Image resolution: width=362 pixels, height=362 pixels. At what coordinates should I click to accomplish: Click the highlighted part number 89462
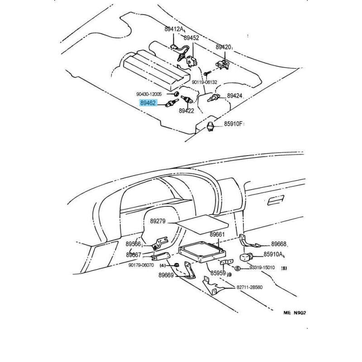(148, 103)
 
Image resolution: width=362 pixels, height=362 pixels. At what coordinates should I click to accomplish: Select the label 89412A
(174, 29)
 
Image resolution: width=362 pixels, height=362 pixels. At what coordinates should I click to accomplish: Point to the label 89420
(224, 47)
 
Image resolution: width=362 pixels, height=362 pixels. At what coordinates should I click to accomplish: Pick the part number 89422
(186, 110)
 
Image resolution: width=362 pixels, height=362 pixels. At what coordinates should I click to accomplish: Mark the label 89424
(235, 96)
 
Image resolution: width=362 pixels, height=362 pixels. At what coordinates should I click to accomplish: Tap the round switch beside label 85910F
(210, 126)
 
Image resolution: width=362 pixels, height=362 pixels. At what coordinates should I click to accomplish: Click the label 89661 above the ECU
(217, 235)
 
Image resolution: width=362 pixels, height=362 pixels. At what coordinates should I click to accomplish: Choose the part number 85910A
(274, 254)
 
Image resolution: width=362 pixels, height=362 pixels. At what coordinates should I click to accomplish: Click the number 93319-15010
(262, 268)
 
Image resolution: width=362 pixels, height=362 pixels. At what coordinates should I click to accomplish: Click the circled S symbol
(243, 268)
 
